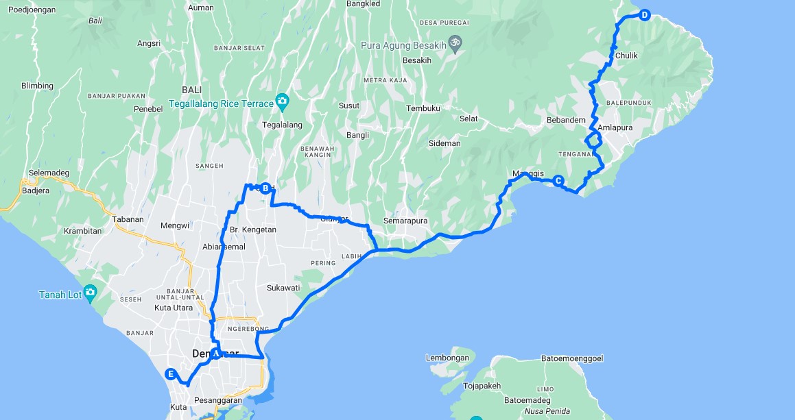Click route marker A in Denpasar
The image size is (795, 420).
(215, 354)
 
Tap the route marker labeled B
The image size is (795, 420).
(265, 188)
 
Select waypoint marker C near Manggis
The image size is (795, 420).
(558, 182)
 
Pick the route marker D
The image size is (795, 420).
(644, 15)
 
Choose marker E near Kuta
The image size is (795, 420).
(171, 374)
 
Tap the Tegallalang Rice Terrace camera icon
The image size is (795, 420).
(282, 103)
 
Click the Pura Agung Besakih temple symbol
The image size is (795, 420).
(453, 45)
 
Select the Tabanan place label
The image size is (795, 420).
(128, 220)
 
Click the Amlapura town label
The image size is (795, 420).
(615, 128)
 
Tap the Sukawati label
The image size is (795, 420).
(284, 288)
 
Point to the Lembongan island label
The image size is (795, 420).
(447, 358)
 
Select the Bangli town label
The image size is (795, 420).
(357, 136)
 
